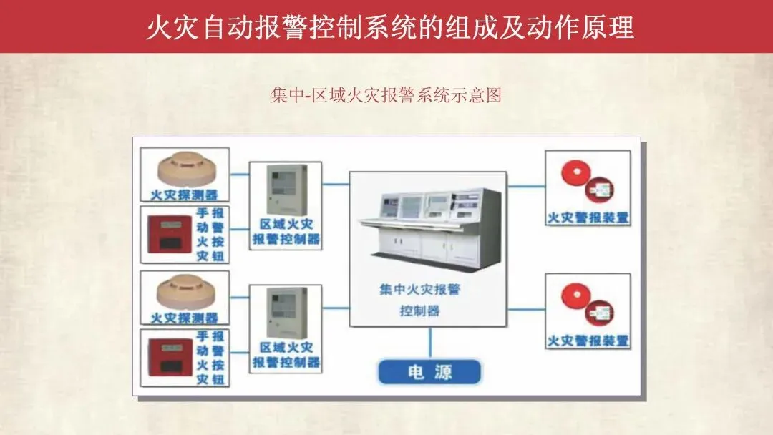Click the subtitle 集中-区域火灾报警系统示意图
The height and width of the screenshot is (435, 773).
pyautogui.click(x=386, y=96)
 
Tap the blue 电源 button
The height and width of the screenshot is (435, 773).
pyautogui.click(x=429, y=373)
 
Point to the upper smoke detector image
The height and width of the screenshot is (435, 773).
pyautogui.click(x=185, y=169)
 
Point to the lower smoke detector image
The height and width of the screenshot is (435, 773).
pyautogui.click(x=185, y=292)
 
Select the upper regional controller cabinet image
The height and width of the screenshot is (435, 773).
pyautogui.click(x=286, y=191)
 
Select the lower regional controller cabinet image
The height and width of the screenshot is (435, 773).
pyautogui.click(x=286, y=313)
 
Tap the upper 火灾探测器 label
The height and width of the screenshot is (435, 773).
pyautogui.click(x=185, y=195)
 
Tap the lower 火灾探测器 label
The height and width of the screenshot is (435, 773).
pyautogui.click(x=185, y=318)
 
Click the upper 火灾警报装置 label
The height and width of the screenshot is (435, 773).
pyautogui.click(x=588, y=217)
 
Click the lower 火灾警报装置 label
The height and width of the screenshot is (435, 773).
pyautogui.click(x=588, y=340)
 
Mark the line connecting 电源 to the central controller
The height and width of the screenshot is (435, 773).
pyautogui.click(x=429, y=343)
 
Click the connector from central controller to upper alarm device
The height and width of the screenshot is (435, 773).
pyautogui.click(x=525, y=187)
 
